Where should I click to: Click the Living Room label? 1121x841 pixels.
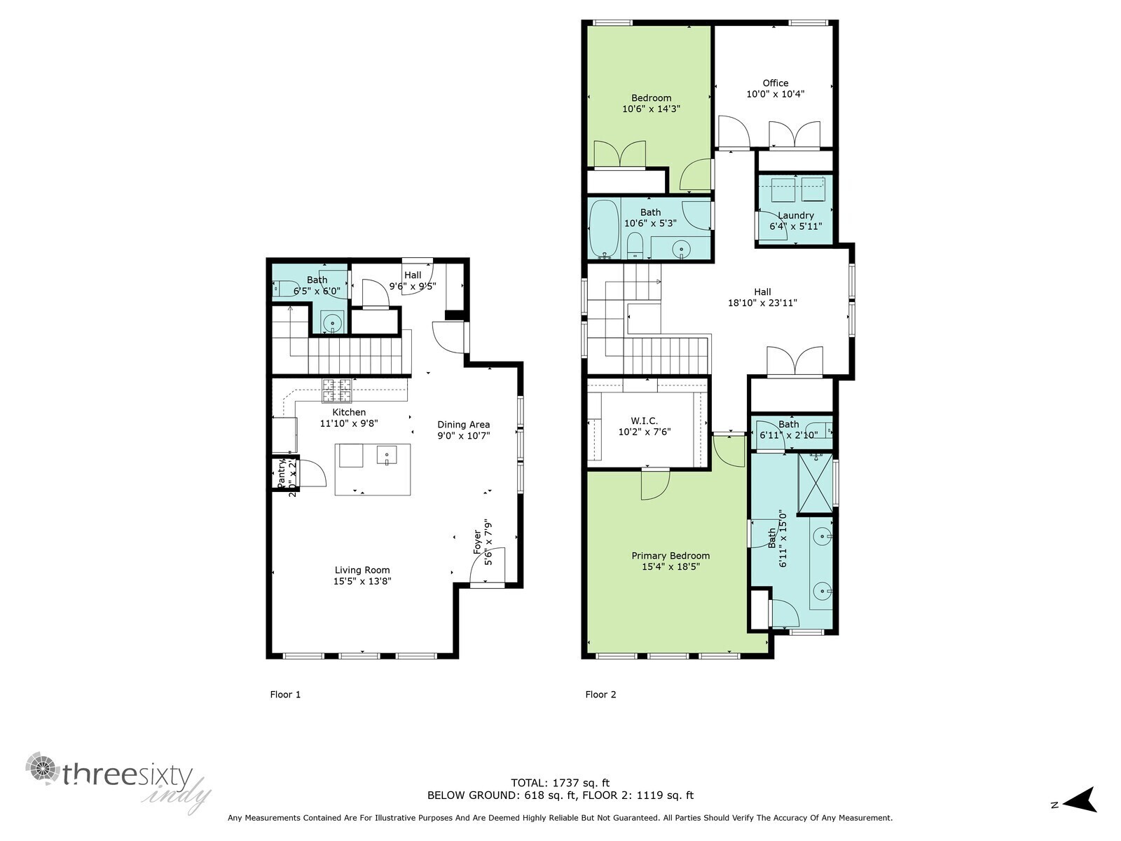tap(362, 570)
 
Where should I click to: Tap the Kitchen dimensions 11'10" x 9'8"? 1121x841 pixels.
tap(349, 423)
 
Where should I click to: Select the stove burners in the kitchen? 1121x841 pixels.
tap(336, 390)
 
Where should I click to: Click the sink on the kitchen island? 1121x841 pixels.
tap(386, 456)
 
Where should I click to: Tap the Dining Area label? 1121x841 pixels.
tap(463, 424)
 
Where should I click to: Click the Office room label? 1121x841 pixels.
tap(776, 83)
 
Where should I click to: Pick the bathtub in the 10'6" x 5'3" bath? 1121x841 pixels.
tap(603, 228)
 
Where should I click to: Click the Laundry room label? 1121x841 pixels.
tap(795, 215)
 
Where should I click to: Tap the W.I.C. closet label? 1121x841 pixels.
tap(644, 420)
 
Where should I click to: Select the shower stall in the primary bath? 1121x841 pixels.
tap(816, 484)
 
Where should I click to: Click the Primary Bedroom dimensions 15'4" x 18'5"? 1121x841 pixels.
tap(670, 567)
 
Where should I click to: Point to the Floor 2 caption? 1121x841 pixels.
tap(600, 695)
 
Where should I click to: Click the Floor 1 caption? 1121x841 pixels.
tap(285, 695)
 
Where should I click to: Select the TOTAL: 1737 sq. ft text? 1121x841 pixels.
tap(560, 783)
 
